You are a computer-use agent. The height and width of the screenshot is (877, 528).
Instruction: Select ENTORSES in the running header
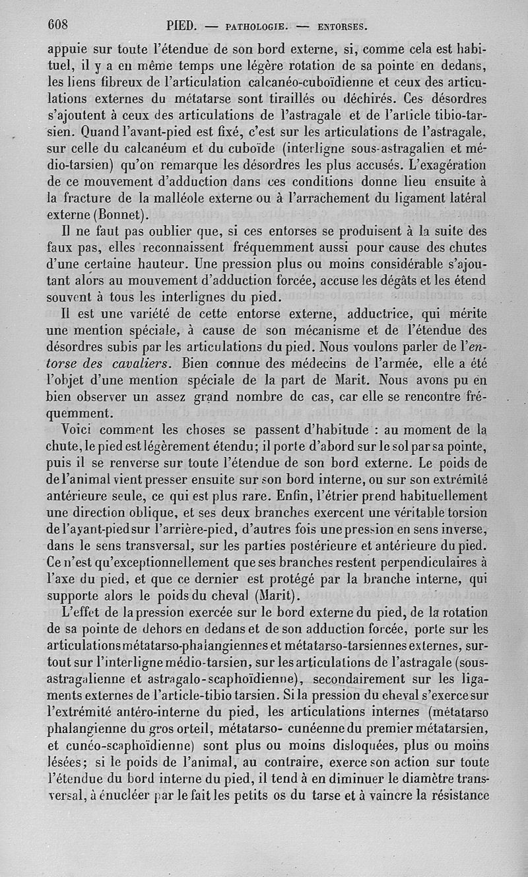341,27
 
